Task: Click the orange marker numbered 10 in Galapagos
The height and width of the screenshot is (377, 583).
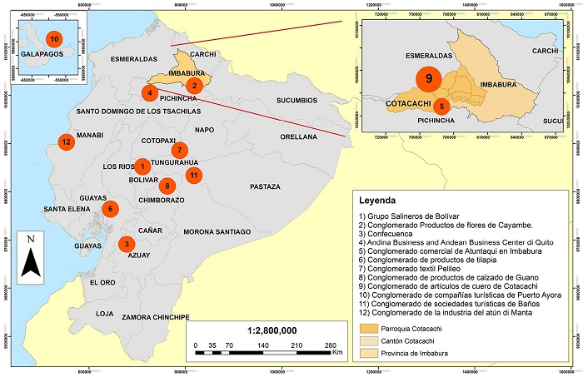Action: (54, 39)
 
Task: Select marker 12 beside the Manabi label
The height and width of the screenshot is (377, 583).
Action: (66, 141)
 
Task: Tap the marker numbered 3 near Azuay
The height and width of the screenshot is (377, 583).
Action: (126, 244)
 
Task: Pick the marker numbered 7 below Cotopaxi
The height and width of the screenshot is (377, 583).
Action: (178, 151)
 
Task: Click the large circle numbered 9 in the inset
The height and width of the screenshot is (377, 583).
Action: (430, 80)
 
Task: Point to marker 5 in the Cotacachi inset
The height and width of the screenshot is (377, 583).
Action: (442, 106)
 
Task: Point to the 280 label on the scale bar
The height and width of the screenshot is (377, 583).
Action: (329, 344)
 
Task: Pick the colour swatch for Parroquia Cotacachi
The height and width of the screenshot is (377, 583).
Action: (373, 327)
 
